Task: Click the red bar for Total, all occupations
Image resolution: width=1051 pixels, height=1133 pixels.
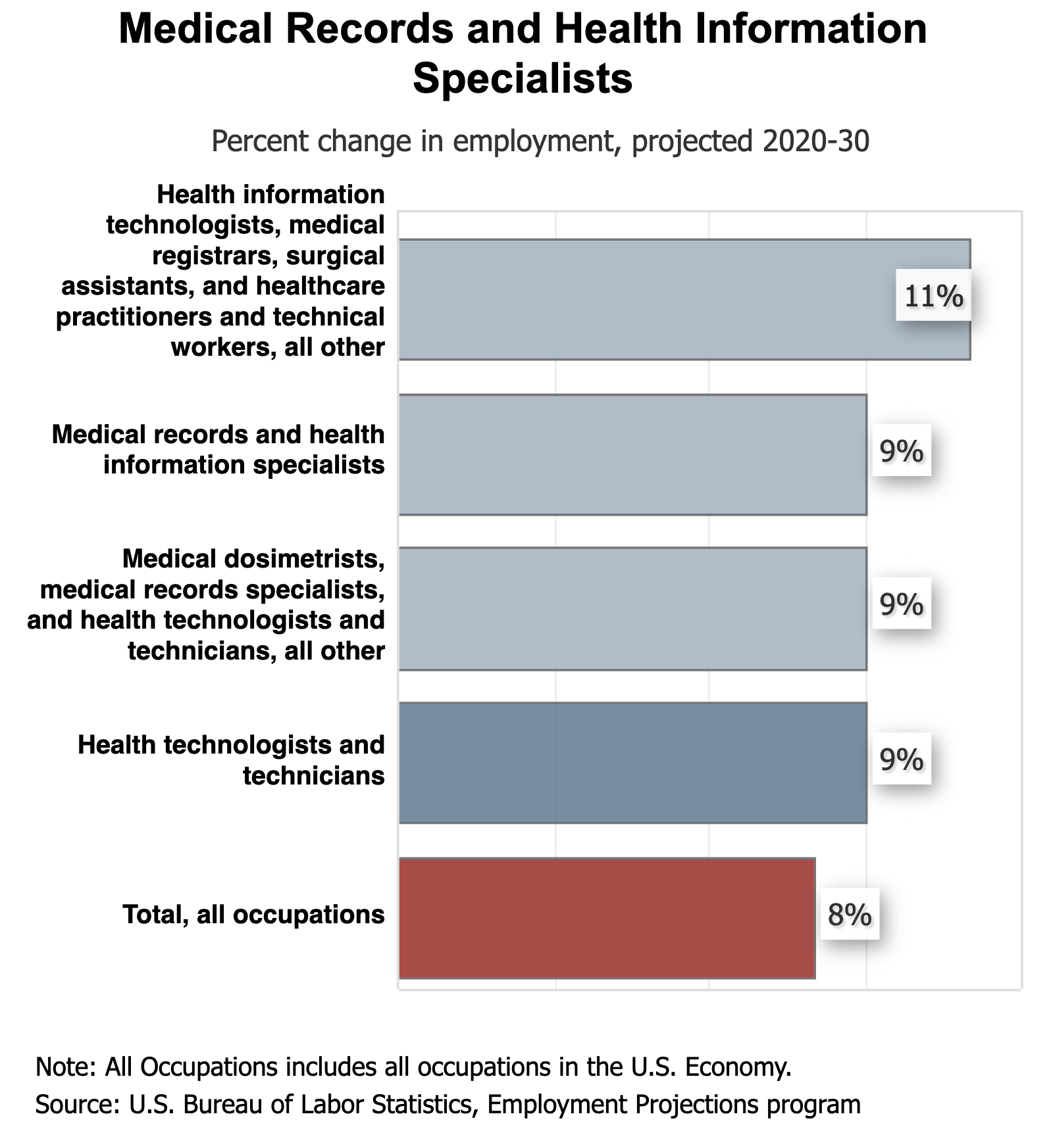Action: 607,918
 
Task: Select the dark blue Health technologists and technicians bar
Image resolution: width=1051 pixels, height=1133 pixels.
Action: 632,763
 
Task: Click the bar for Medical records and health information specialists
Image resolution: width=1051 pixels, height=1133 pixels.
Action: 632,454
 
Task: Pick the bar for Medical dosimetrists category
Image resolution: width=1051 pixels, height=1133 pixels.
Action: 632,608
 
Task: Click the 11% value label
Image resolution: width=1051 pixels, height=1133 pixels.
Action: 933,297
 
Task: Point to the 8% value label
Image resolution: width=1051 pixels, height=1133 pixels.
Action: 850,915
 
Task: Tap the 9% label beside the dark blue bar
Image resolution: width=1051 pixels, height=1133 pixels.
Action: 902,759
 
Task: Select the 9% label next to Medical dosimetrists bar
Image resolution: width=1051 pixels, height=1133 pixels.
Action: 902,604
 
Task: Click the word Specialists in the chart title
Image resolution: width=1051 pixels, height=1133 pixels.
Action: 523,78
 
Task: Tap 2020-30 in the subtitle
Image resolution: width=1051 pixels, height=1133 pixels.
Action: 816,141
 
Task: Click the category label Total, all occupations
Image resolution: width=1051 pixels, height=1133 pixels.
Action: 253,915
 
